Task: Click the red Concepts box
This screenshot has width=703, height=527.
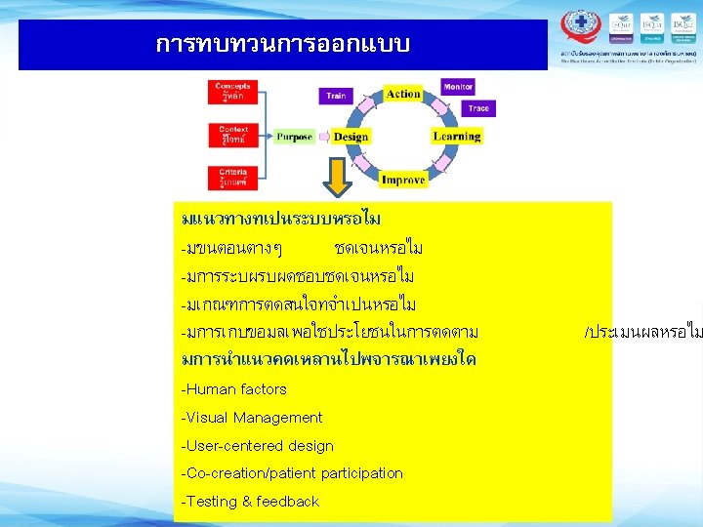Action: (234, 92)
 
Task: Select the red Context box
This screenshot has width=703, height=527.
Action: (234, 135)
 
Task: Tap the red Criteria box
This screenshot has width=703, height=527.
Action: (234, 177)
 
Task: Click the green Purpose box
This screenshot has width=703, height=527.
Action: (294, 137)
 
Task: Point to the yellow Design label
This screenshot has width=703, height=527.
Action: (351, 137)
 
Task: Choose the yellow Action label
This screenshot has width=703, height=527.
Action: (403, 94)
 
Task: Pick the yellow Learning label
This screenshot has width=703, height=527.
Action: (456, 137)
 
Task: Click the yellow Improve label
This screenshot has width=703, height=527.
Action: (403, 180)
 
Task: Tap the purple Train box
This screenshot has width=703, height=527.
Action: (336, 96)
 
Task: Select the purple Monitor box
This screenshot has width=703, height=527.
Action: (458, 87)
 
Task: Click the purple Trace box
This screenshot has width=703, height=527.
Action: (477, 108)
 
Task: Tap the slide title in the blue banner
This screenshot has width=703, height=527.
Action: (283, 45)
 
